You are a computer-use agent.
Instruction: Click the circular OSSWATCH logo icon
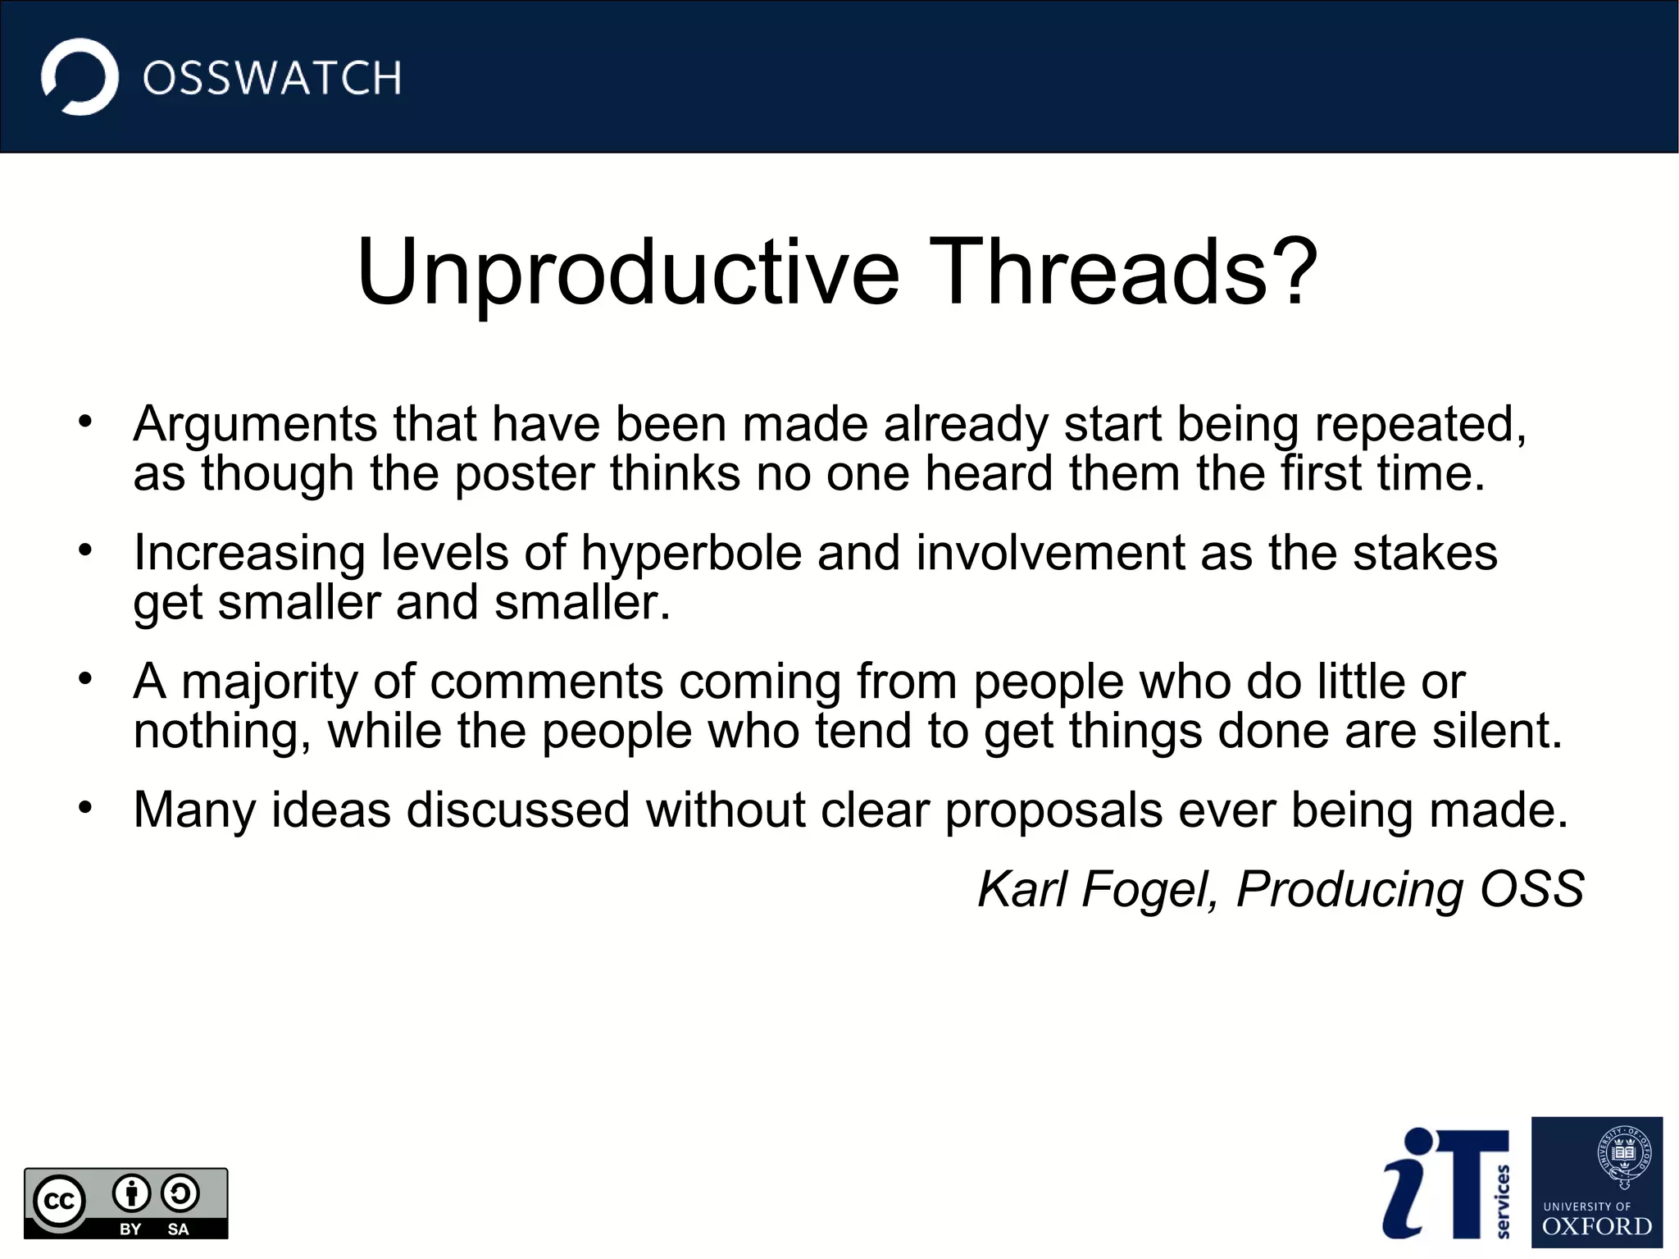80,77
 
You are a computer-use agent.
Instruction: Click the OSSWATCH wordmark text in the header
271,79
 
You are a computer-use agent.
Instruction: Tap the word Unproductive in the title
628,273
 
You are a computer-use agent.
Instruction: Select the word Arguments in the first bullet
255,426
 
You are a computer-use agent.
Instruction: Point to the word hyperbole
691,553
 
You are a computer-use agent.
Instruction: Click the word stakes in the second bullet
1425,553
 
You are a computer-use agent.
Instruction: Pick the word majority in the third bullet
270,682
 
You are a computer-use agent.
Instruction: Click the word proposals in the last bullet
1053,810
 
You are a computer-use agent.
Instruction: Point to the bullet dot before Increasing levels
85,550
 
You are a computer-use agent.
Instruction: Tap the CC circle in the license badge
59,1202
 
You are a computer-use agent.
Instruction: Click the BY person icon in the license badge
131,1194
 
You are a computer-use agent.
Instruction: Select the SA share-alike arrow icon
180,1194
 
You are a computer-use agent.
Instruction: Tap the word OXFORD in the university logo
1596,1227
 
